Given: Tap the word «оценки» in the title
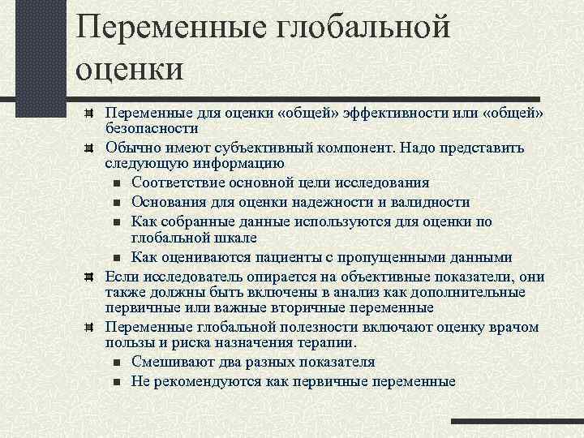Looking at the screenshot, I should click(130, 67).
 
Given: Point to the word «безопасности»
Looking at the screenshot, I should click(152, 128).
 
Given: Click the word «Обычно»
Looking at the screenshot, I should click(131, 148).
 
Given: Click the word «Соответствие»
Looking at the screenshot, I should click(179, 182).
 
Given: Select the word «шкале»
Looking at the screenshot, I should click(235, 238).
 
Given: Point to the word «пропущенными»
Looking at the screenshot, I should click(374, 257).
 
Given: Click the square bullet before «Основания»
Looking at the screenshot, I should click(117, 203).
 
